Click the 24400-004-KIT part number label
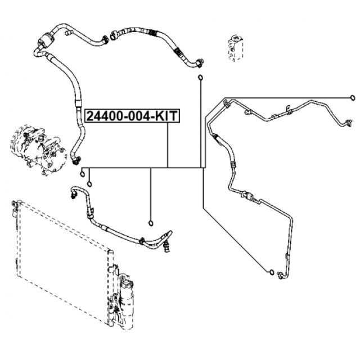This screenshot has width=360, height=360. (x=132, y=116)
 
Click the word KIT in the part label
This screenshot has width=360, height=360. (x=166, y=116)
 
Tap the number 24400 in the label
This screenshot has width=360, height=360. (x=101, y=116)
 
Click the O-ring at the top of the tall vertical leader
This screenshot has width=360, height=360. (x=200, y=77)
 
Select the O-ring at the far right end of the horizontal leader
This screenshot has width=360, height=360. (x=352, y=97)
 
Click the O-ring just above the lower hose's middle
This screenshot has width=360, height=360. (x=150, y=223)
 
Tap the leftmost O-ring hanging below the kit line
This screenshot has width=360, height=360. (x=82, y=172)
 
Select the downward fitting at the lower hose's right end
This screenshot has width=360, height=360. (x=167, y=243)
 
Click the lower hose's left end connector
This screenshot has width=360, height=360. (x=72, y=192)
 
